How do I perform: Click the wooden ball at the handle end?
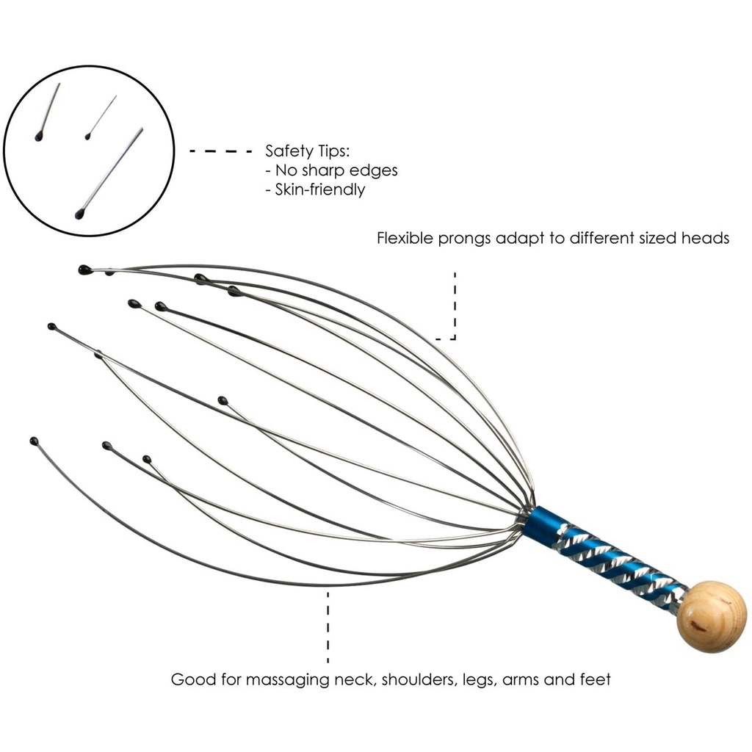(711, 616)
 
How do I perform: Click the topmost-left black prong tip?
(84, 270)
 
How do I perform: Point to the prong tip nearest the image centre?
(223, 400)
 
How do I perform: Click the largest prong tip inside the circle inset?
(79, 214)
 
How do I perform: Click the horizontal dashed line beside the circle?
(221, 151)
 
